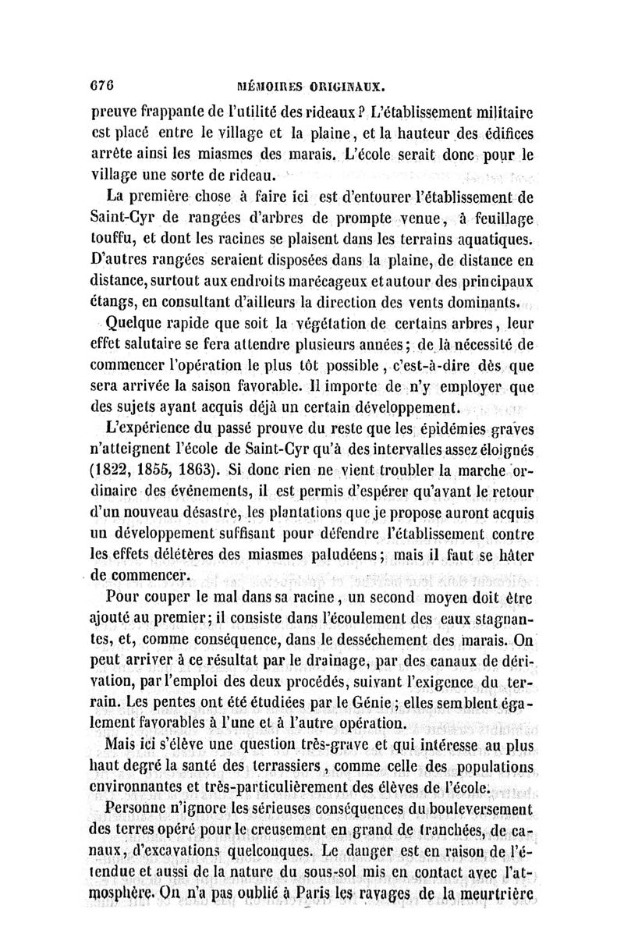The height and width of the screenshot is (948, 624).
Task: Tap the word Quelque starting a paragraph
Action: (136, 324)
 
